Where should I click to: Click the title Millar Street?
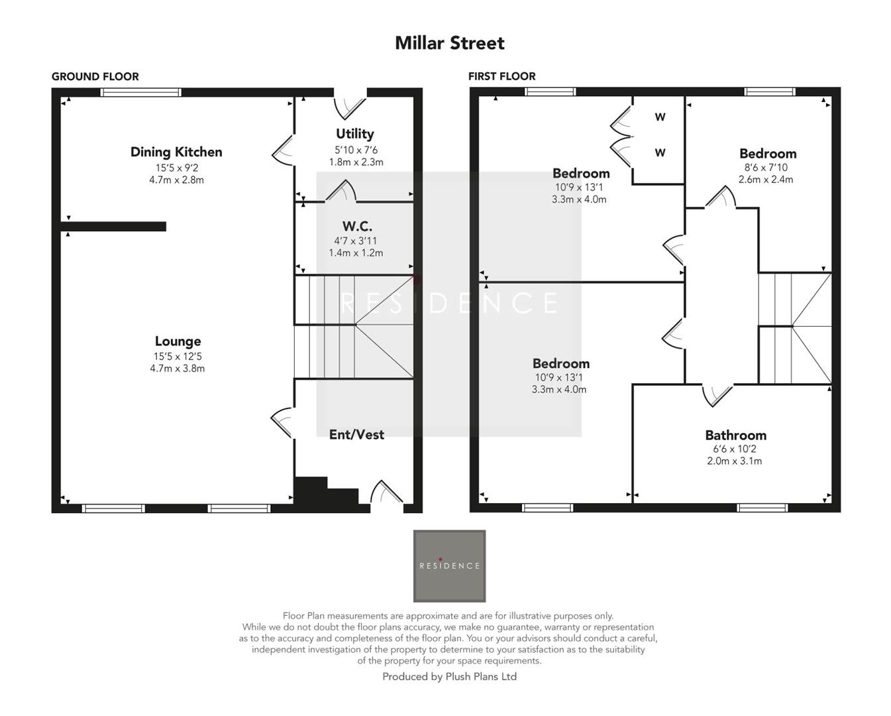point(449,43)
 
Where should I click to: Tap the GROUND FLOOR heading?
point(95,76)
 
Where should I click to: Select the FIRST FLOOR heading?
point(501,76)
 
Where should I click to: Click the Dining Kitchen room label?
point(176,152)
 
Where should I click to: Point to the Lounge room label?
point(178,341)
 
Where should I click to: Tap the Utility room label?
point(355,134)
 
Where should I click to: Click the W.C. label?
point(356,227)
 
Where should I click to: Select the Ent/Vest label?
point(356,434)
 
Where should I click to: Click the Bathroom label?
point(735,436)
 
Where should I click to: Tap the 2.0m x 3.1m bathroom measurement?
point(734,461)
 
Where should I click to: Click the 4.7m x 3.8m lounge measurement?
point(177,369)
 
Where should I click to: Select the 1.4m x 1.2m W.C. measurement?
point(356,253)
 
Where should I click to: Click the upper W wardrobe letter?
point(660,117)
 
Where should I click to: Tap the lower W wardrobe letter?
point(660,153)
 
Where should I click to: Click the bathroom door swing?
point(717,394)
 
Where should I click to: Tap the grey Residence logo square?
point(449,566)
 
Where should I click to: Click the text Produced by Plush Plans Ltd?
point(449,677)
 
